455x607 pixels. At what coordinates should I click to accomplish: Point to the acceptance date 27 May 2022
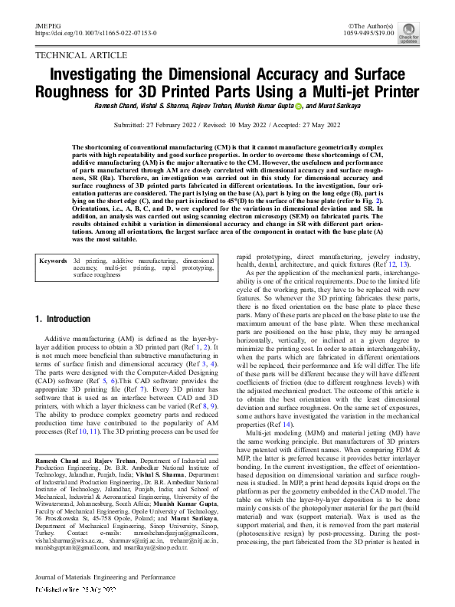coord(319,124)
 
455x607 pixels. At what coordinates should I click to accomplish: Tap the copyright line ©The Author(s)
coord(391,26)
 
